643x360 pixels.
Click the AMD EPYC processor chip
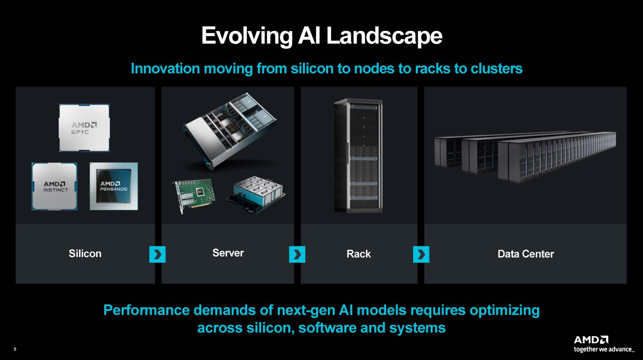click(84, 128)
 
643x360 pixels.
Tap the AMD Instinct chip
click(54, 186)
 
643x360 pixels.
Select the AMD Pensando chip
click(114, 186)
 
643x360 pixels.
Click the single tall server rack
click(358, 156)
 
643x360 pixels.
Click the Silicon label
click(85, 254)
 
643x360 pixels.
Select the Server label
click(228, 253)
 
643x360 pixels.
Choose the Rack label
click(358, 254)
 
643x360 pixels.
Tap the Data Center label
click(525, 254)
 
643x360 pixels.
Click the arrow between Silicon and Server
click(157, 254)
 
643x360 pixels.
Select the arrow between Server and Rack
click(297, 254)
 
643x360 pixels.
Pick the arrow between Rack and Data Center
click(421, 254)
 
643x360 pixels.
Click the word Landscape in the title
click(384, 36)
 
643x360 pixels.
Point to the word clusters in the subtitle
click(496, 68)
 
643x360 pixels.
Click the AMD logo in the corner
click(591, 339)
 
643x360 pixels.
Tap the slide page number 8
click(15, 349)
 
